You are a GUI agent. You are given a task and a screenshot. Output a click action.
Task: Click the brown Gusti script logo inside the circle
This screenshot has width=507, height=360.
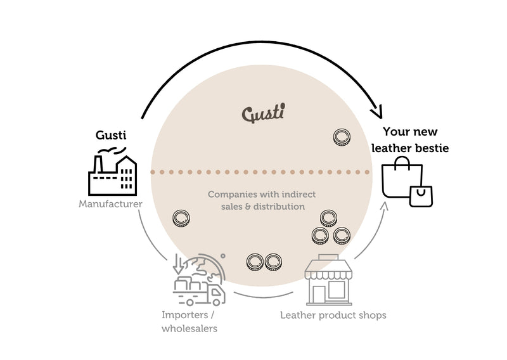[263, 113]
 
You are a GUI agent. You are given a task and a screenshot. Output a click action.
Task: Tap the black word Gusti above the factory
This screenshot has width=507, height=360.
[110, 136]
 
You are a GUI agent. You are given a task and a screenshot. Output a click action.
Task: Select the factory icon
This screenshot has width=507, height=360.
[112, 172]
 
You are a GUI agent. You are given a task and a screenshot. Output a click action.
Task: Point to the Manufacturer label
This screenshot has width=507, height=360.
[110, 204]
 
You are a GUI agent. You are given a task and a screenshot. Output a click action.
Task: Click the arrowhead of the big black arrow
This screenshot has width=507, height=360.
[378, 113]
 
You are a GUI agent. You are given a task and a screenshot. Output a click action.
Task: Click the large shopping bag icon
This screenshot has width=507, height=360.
[401, 178]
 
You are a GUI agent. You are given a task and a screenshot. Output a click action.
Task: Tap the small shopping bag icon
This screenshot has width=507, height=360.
[421, 196]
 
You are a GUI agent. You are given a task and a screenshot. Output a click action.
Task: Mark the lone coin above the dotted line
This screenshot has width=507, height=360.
[342, 136]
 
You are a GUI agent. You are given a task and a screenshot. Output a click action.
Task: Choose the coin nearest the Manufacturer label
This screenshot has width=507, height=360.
[181, 219]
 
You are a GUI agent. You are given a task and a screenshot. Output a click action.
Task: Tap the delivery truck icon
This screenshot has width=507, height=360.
[200, 291]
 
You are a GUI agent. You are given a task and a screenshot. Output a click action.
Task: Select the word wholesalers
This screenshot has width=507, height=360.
[189, 328]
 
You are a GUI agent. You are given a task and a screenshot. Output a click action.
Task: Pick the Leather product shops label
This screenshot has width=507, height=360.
[333, 315]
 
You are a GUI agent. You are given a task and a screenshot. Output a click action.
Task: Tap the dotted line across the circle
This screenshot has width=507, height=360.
[260, 172]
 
